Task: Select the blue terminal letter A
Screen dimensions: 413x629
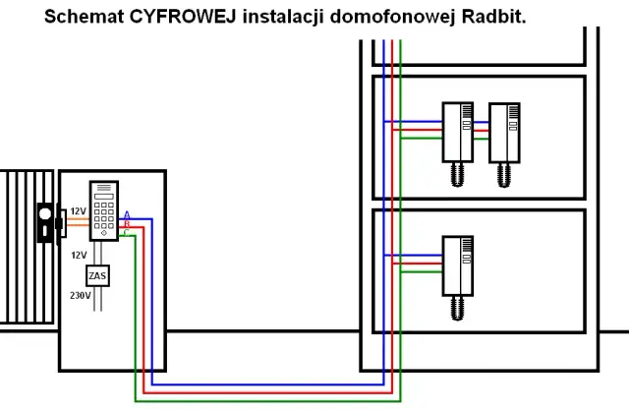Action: [126, 214]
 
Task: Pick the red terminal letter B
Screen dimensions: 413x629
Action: [126, 224]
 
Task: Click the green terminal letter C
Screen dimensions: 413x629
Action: [126, 232]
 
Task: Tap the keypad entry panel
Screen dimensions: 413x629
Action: [103, 209]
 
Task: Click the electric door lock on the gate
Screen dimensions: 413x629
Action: [45, 223]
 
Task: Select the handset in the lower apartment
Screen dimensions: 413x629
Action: [456, 265]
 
